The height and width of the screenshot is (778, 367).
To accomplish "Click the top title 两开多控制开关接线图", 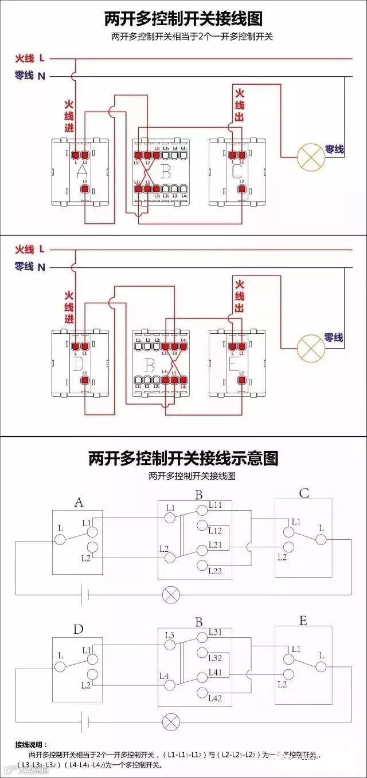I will [x=183, y=19].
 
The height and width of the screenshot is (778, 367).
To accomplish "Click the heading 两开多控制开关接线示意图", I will [x=183, y=459].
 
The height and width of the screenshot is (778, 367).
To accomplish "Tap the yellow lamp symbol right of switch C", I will [x=310, y=156].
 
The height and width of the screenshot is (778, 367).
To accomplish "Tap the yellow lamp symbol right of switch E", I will [x=310, y=346].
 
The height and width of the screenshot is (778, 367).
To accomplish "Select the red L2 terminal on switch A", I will [x=85, y=189].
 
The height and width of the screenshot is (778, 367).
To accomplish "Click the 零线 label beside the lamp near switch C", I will [x=334, y=149].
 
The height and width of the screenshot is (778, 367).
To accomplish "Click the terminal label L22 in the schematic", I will [x=215, y=571].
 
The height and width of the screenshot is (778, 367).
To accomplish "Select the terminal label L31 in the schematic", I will [x=215, y=632].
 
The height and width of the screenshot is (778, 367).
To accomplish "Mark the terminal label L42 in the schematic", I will [x=215, y=698].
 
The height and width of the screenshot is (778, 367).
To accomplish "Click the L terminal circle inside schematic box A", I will [x=60, y=539].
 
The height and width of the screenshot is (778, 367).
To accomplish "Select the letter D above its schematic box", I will [x=78, y=629].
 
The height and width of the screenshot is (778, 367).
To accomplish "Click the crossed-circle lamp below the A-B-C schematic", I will [x=170, y=594].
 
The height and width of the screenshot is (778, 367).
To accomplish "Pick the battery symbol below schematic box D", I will [x=84, y=721].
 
